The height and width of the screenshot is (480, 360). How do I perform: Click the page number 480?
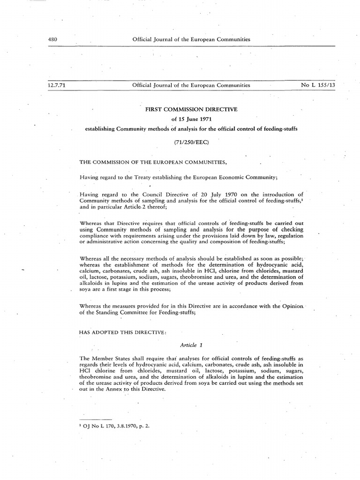[x=52, y=39]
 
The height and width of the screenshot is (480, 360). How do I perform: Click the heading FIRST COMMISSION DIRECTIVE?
[x=192, y=109]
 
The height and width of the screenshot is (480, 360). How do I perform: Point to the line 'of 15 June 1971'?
[x=192, y=119]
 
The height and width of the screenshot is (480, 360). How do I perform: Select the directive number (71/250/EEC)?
[x=192, y=140]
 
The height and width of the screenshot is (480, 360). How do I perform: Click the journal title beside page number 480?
[x=191, y=39]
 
